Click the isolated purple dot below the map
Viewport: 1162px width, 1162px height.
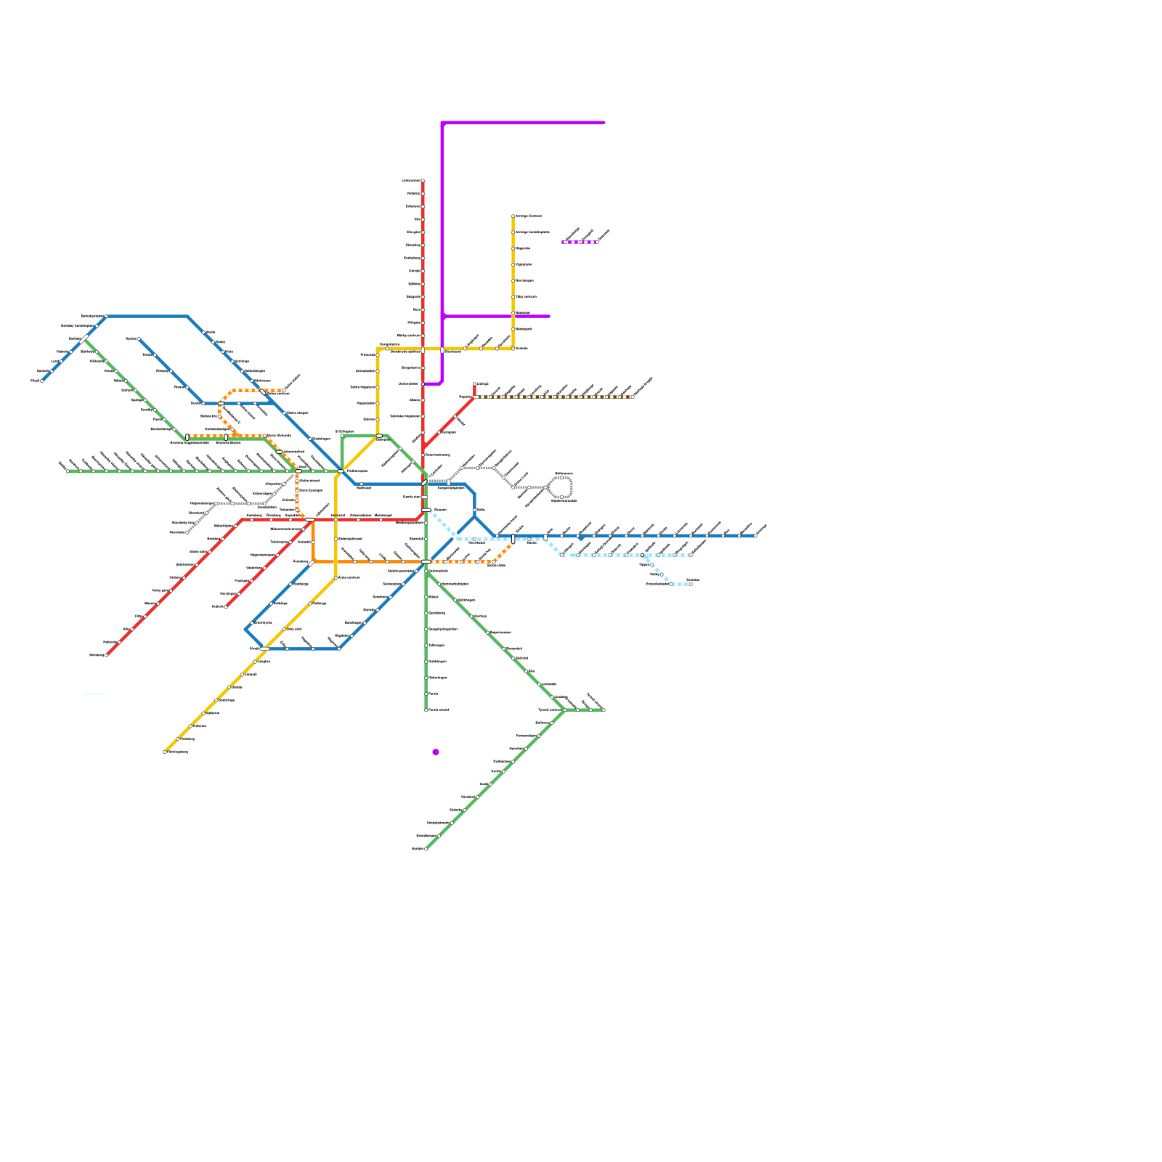[436, 752]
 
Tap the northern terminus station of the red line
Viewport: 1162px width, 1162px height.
[423, 181]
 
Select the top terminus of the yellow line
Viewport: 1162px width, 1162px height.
[513, 216]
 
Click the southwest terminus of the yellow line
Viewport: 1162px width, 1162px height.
[165, 752]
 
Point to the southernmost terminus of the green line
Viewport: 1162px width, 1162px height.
[426, 848]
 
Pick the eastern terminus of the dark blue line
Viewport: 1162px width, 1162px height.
[755, 536]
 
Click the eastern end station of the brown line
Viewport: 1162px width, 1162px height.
[633, 397]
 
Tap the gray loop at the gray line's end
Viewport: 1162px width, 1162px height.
[561, 487]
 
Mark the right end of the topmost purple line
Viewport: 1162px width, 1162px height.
[604, 123]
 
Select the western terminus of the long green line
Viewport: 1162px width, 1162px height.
[68, 471]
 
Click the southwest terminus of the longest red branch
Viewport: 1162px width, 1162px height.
[107, 655]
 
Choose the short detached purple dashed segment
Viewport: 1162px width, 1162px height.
[580, 242]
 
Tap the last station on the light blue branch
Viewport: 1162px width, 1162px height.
[690, 584]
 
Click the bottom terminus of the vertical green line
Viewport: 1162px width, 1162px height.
[426, 710]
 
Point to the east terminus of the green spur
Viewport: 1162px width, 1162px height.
[604, 710]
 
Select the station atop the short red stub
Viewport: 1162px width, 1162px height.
[474, 384]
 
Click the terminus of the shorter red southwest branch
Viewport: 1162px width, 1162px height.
[226, 606]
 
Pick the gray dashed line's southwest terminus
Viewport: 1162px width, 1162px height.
[187, 532]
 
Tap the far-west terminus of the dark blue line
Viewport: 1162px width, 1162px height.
[42, 381]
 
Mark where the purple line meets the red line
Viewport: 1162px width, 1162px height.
[423, 384]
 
